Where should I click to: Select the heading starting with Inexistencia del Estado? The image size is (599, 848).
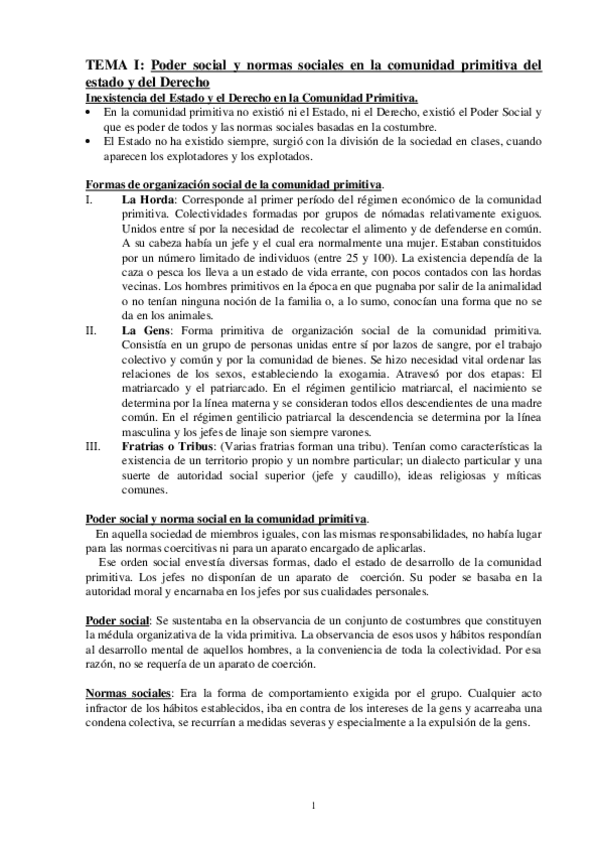(x=251, y=97)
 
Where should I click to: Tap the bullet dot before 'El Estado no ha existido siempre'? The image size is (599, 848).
(x=89, y=142)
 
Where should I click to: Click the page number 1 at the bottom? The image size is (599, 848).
(x=313, y=806)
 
